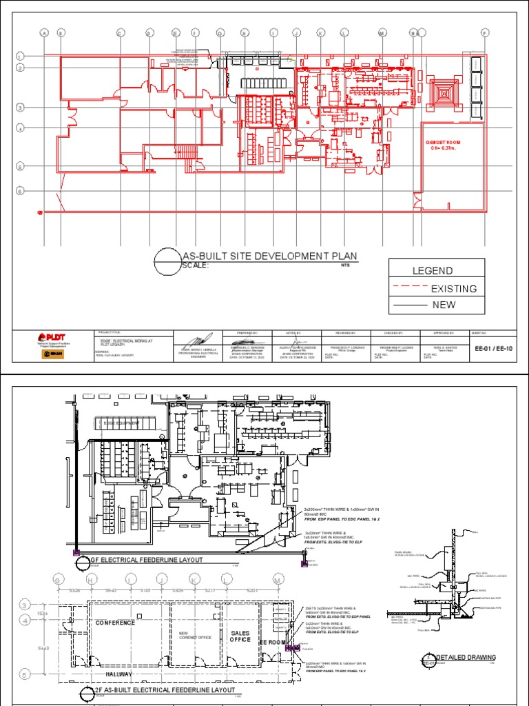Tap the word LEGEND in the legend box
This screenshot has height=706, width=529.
point(433,271)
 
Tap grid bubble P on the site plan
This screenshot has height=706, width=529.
point(484,32)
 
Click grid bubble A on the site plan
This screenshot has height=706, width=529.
point(45,32)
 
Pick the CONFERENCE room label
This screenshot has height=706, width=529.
point(115,623)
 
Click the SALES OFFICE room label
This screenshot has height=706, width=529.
point(240,635)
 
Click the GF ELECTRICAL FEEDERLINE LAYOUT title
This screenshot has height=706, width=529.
point(143,559)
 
